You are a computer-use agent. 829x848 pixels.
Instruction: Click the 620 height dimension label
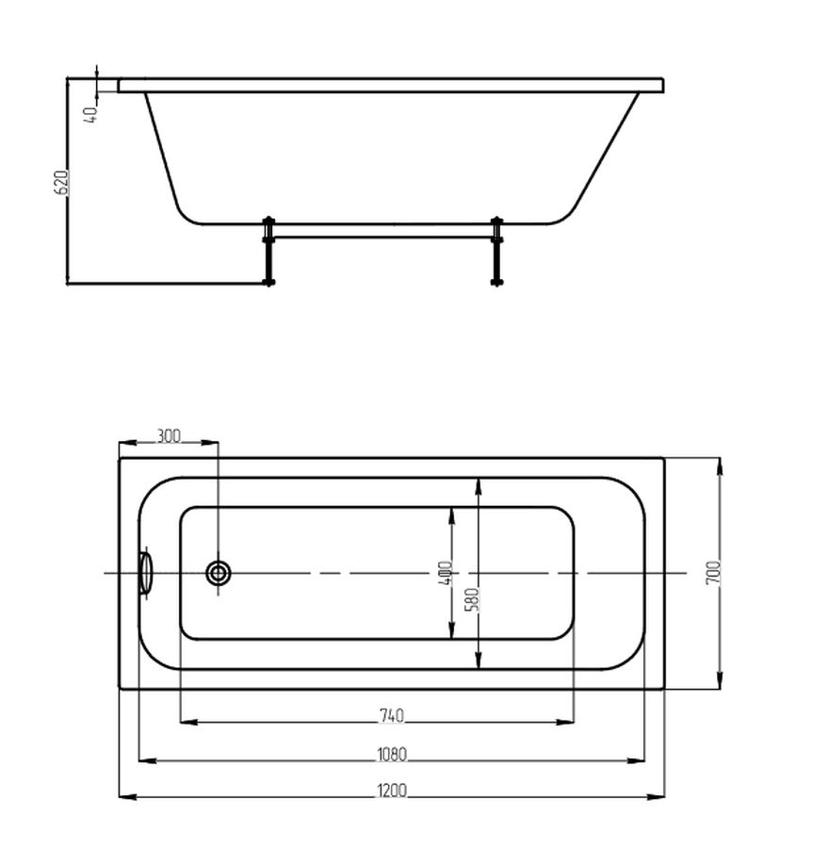(x=61, y=183)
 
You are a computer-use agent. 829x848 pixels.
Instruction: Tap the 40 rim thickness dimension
(x=90, y=114)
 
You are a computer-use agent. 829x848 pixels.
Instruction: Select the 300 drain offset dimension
(x=169, y=435)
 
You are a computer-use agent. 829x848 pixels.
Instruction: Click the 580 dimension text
(x=472, y=599)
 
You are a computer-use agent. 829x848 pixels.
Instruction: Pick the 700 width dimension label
(x=714, y=572)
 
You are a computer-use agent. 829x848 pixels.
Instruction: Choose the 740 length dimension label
(x=392, y=715)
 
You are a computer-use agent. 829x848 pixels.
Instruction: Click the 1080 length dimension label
(x=392, y=754)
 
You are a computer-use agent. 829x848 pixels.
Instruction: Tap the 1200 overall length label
(x=392, y=791)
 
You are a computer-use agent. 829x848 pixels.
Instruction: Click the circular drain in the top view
(x=219, y=573)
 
